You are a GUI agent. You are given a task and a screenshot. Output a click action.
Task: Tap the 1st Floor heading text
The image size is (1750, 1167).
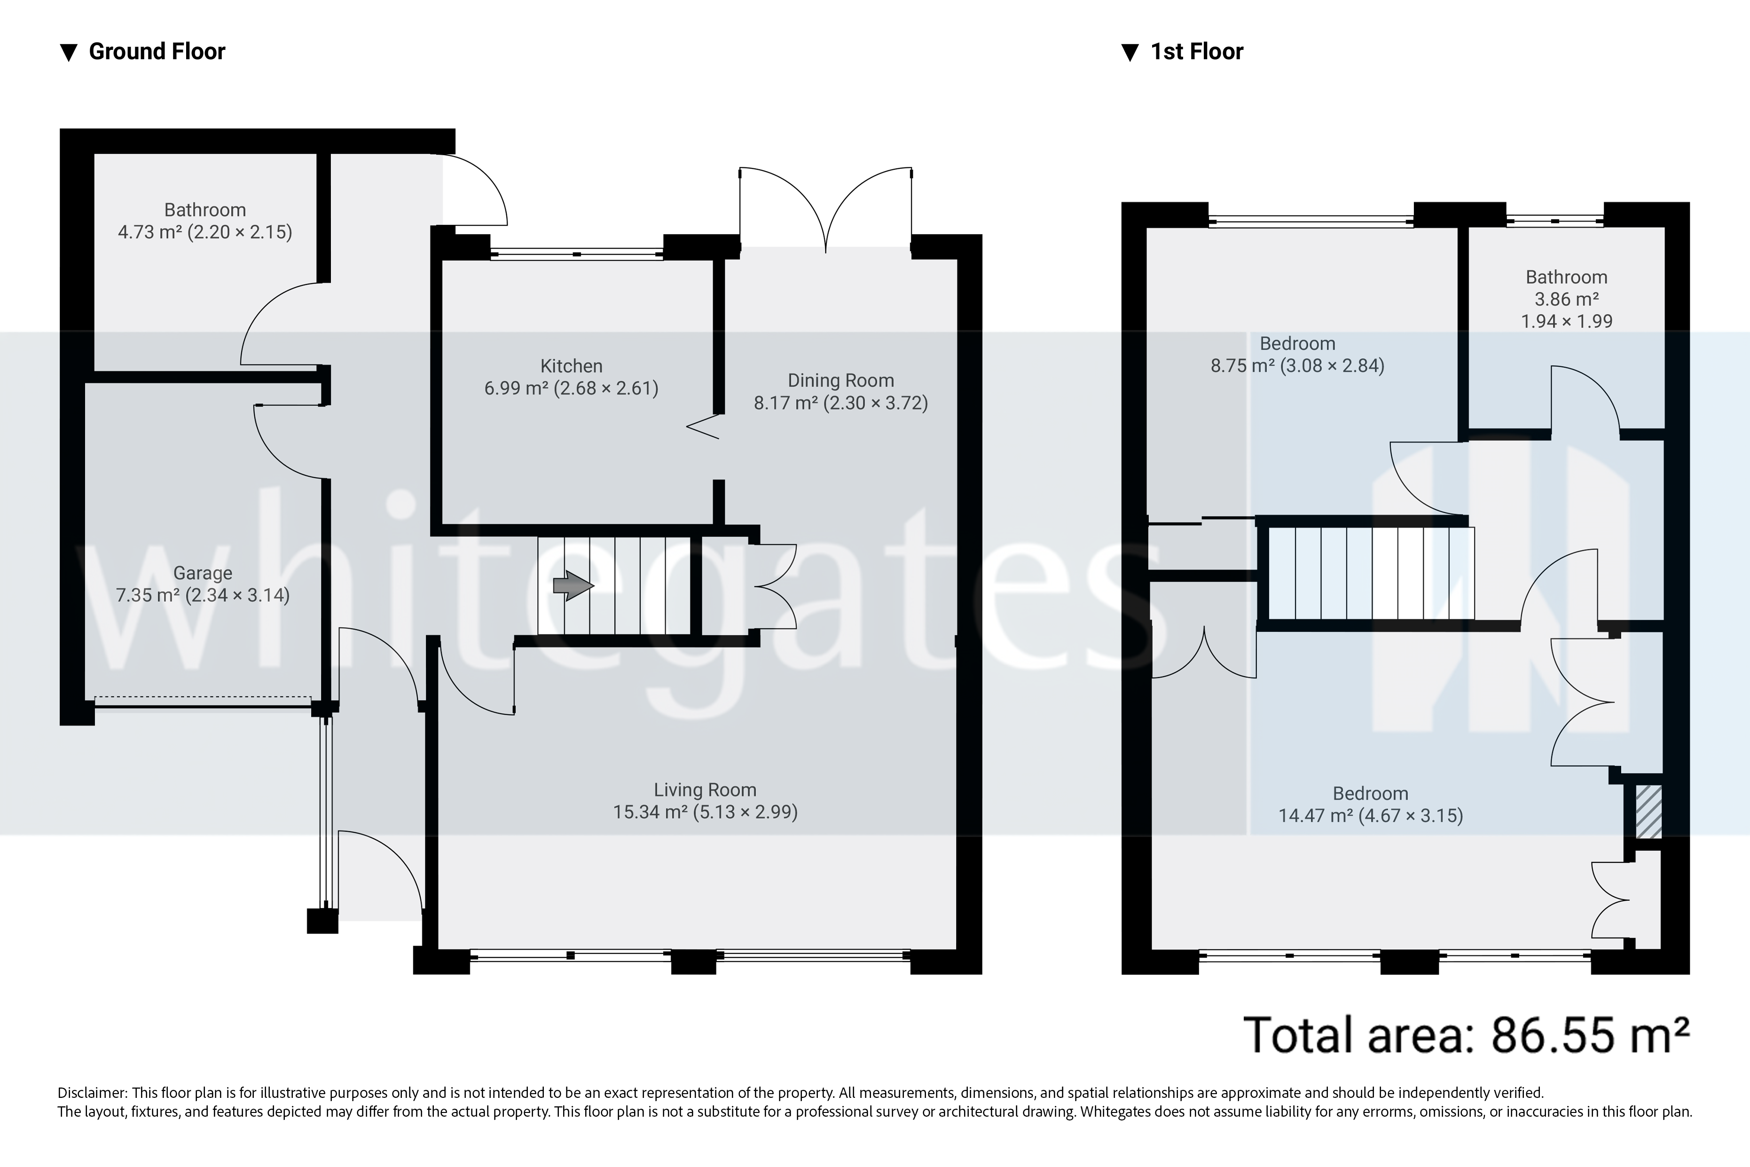(1196, 51)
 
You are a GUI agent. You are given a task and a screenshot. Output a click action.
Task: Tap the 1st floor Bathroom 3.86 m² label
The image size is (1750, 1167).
(1566, 299)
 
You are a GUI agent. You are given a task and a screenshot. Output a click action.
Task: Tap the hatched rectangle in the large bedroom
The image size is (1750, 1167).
(1648, 811)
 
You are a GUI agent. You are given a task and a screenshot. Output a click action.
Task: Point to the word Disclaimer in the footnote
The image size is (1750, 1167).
(92, 1093)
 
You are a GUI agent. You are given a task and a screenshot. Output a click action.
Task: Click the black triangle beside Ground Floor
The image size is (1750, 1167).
(69, 52)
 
